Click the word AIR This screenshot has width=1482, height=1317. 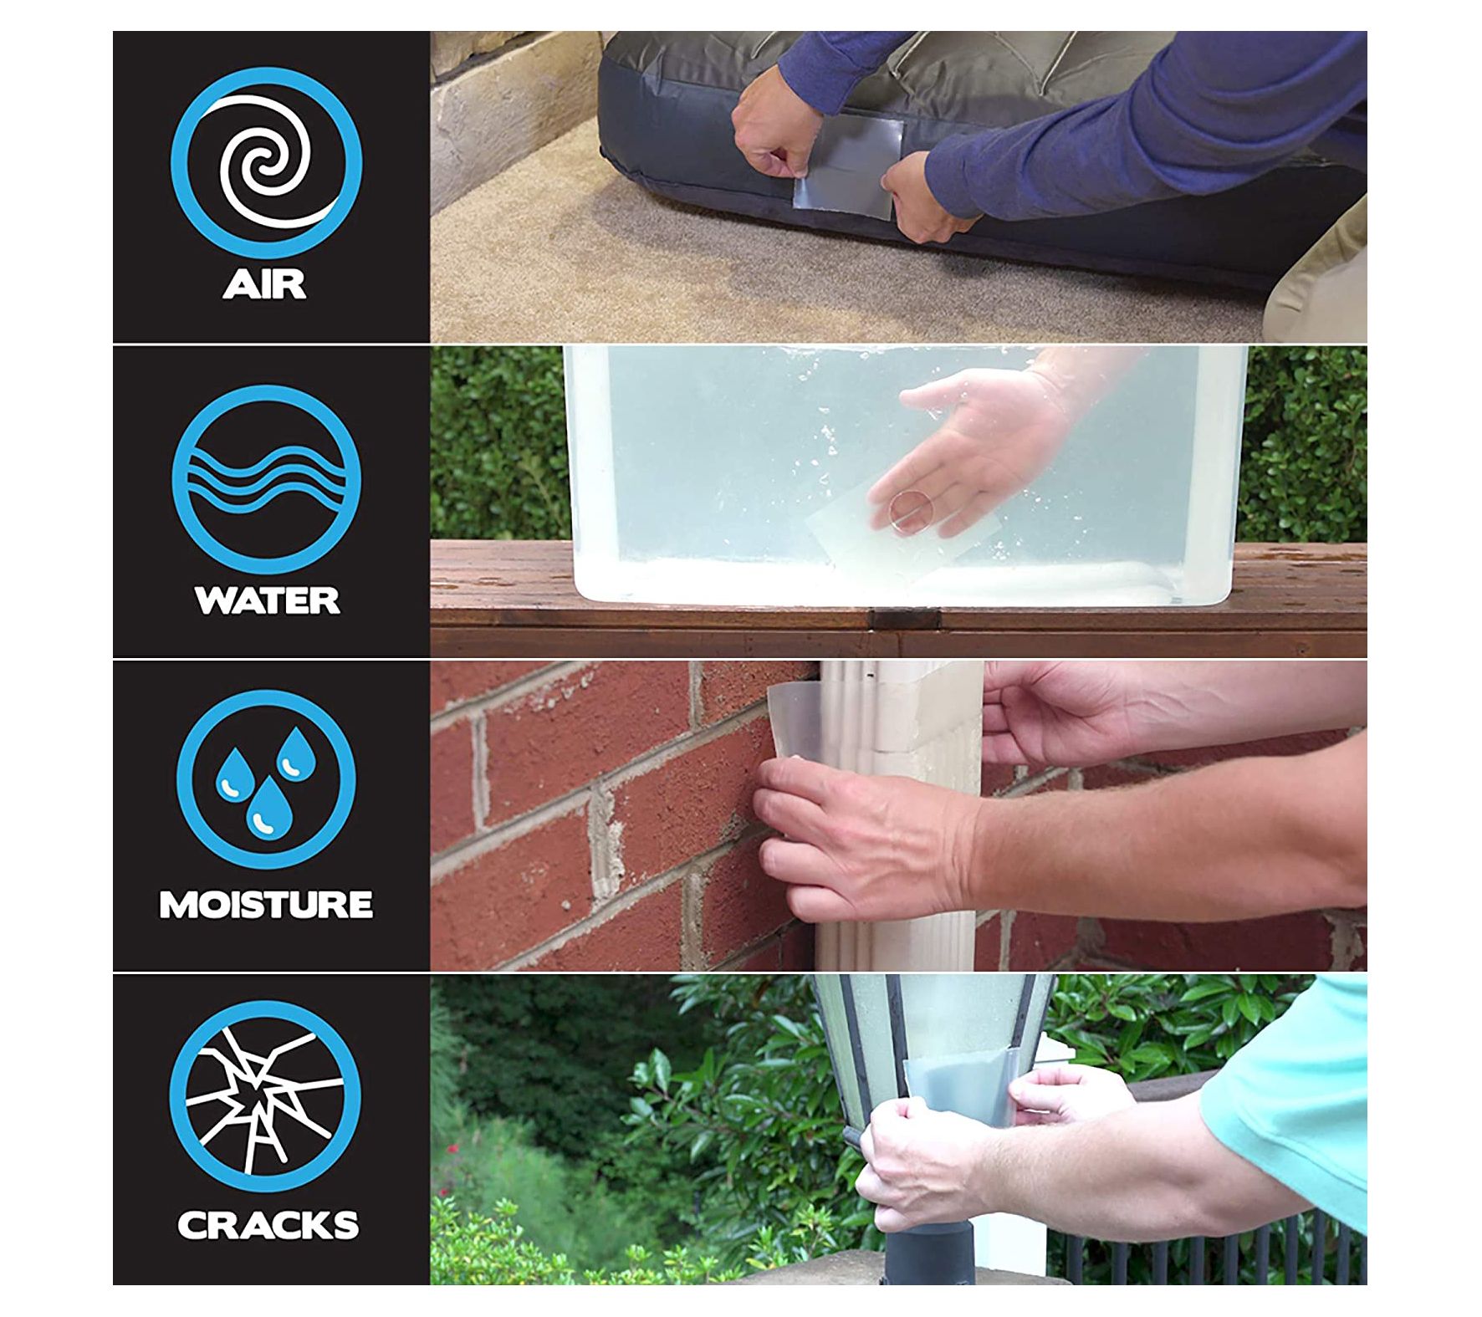point(265,283)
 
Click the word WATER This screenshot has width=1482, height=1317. point(267,600)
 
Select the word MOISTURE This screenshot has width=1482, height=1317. point(266,905)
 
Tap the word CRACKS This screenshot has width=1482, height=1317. point(268,1225)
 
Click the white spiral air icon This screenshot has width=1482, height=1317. point(266,162)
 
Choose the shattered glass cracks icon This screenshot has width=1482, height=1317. point(265,1096)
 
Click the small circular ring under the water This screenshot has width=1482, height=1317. point(910,512)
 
